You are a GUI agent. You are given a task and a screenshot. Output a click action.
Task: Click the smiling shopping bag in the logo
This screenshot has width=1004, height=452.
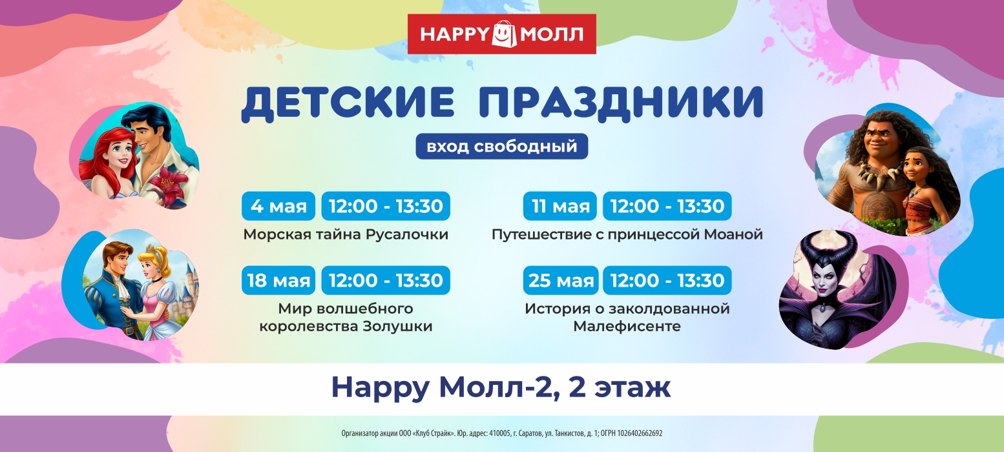(x=504, y=34)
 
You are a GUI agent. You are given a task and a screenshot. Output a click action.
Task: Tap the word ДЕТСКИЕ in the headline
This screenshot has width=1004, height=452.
(x=348, y=103)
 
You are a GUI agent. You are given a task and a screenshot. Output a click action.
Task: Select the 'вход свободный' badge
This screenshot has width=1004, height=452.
(x=501, y=146)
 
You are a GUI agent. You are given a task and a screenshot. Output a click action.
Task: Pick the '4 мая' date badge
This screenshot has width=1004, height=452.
(x=278, y=206)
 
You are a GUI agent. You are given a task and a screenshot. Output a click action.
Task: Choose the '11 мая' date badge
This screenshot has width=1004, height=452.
(x=560, y=206)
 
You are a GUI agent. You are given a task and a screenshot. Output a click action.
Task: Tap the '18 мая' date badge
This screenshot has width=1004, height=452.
(x=278, y=280)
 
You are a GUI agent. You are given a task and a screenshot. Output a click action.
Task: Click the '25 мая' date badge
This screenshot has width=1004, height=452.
(x=561, y=280)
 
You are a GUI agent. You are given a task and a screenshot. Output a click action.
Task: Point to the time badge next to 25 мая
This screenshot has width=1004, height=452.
(x=667, y=280)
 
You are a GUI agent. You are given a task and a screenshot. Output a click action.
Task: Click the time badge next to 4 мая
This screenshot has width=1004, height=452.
(x=386, y=206)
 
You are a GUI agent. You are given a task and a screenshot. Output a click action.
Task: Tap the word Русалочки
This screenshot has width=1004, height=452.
(x=407, y=235)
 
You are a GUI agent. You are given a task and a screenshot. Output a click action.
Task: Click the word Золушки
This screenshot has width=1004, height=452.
(x=397, y=327)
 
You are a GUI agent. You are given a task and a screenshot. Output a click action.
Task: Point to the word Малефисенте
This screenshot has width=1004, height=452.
(x=627, y=327)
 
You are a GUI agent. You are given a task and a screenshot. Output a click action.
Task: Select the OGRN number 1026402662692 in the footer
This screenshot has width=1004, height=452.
(x=640, y=433)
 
